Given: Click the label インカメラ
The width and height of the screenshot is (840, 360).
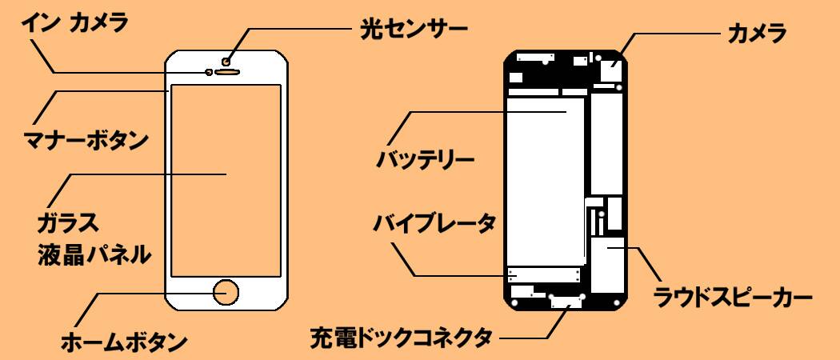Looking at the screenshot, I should point(75,23).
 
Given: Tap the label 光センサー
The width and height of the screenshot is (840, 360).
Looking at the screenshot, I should point(410,30).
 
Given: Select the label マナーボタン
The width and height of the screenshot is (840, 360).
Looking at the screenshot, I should point(84,141).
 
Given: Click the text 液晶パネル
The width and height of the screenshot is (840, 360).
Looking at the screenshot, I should point(94,254).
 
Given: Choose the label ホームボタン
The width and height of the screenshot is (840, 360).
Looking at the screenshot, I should point(125,342).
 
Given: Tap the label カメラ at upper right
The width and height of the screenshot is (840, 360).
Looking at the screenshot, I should point(756,34).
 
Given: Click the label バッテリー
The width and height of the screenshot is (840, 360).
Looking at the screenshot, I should point(426,158).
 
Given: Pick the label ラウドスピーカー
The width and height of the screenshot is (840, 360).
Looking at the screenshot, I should point(733,299).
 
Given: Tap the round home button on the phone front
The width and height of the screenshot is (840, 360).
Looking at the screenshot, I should point(226,292).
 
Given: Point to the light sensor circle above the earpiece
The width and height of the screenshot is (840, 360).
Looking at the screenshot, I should point(227,61).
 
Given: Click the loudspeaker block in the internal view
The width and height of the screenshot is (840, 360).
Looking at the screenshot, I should point(608,264).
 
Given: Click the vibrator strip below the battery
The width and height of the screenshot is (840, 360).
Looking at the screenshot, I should point(544,275).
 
